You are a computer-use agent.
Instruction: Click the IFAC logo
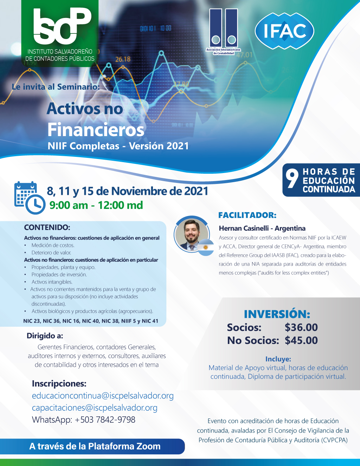point(284,31)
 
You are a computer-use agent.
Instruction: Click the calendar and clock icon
point(30,198)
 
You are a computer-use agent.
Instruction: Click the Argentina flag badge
point(206,247)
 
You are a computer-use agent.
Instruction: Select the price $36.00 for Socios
point(301,327)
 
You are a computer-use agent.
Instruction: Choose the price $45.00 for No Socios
point(301,340)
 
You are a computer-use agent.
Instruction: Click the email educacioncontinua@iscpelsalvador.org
point(103,396)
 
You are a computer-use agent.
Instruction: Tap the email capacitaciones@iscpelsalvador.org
point(95,408)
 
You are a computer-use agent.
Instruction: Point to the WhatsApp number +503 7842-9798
point(105,420)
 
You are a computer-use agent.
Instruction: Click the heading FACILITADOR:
point(247,215)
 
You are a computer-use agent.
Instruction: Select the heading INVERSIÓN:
point(277,314)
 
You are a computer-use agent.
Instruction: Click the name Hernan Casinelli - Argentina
point(262,228)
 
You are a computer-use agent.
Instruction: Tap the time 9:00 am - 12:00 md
point(96,205)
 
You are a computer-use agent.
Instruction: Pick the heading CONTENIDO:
point(47,227)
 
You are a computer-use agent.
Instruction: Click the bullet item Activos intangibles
point(52,282)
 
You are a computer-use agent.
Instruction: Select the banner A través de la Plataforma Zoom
point(95,446)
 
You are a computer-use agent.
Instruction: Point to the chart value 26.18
point(123,59)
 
